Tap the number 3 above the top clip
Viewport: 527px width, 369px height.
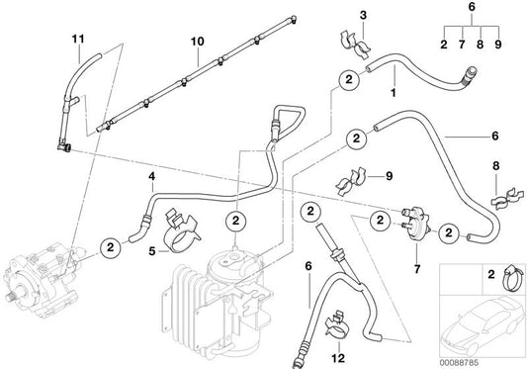click(362, 17)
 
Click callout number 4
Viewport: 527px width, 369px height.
click(150, 178)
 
